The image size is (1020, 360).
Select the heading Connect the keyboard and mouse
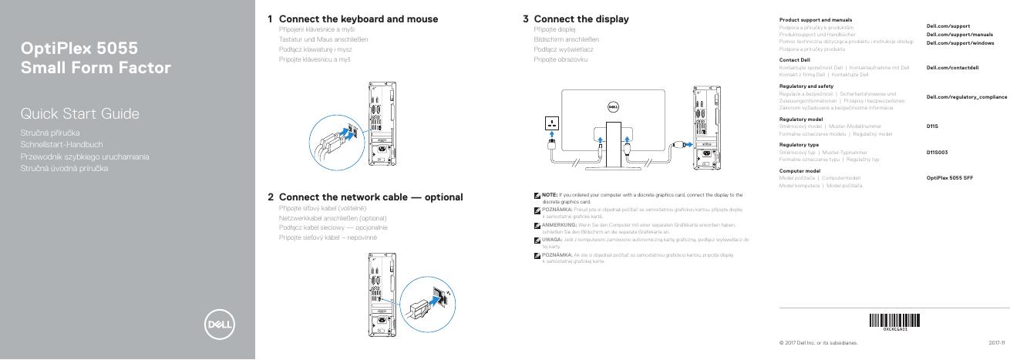[358, 19]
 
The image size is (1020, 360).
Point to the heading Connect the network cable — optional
[370, 197]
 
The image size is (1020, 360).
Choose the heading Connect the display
[581, 19]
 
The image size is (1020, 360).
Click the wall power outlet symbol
[552, 123]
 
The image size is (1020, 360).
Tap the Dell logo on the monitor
[614, 107]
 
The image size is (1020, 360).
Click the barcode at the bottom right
[894, 321]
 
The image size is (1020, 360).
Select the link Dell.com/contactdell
[952, 68]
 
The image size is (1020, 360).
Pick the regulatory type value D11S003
[938, 153]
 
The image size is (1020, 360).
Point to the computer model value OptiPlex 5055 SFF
[949, 177]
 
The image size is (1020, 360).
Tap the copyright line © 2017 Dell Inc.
[818, 342]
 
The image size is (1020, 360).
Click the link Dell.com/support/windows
[960, 42]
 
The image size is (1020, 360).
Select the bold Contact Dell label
[794, 59]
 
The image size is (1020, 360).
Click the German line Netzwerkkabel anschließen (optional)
[332, 218]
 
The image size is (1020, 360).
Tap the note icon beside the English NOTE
[537, 195]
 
